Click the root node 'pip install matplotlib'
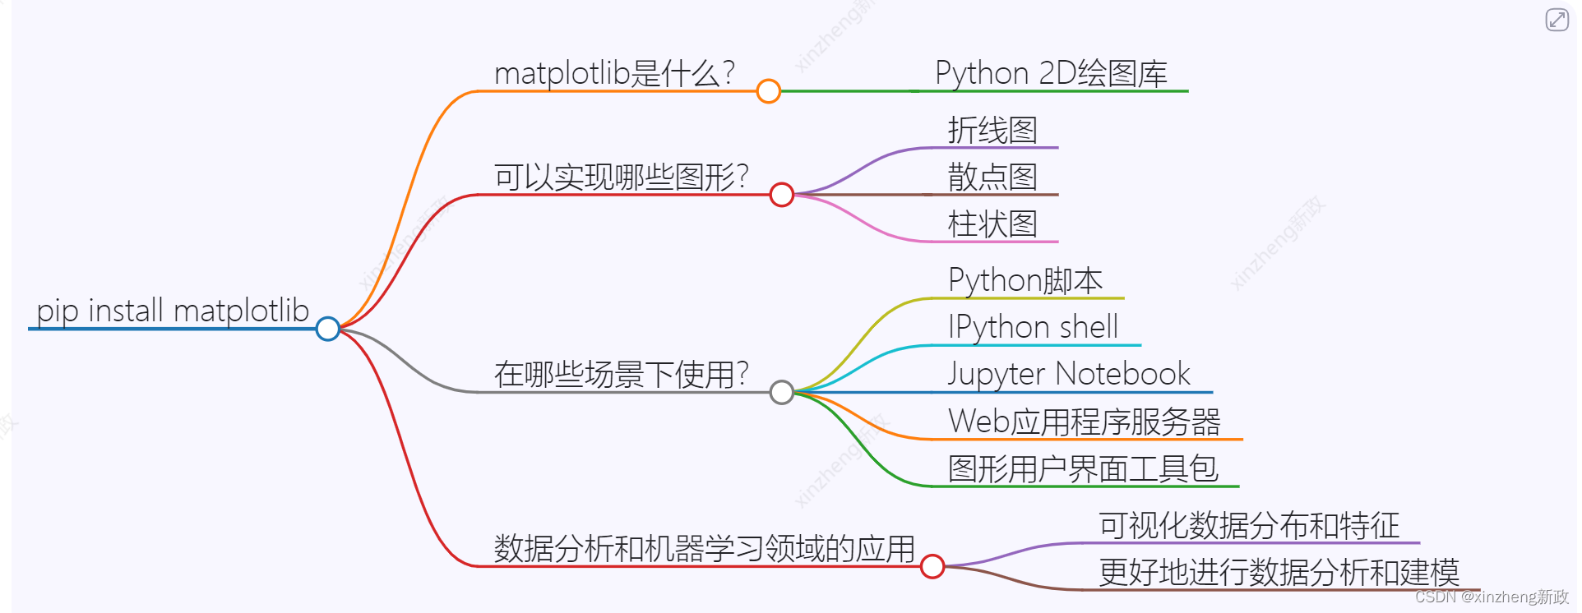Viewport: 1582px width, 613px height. coord(173,311)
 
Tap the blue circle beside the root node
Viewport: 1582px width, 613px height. coord(328,329)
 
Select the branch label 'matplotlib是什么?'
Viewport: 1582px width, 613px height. coord(614,73)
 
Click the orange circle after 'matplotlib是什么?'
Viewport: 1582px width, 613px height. coord(768,91)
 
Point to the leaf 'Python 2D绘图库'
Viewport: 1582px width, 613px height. coord(1051,73)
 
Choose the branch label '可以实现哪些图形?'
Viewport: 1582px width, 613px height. coord(621,177)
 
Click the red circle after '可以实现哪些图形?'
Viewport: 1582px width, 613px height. coord(781,195)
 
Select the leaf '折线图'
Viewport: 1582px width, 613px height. coord(992,130)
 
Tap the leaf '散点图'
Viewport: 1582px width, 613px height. coord(992,177)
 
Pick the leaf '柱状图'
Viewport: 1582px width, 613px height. coord(992,224)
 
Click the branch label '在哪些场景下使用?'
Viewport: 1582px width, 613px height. coord(621,374)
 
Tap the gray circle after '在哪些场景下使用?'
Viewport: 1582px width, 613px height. coord(782,393)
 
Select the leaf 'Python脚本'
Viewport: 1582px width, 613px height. coord(1025,280)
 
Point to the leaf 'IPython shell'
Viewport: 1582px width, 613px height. coord(1033,327)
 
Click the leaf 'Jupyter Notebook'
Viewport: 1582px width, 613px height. coord(1068,374)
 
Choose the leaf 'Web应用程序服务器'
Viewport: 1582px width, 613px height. coord(1084,422)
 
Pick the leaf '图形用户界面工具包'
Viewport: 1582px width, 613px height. coord(1082,468)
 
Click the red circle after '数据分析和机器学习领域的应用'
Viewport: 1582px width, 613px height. coord(932,566)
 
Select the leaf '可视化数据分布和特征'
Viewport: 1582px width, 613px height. coord(1249,525)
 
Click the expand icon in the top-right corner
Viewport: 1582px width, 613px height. coord(1557,19)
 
